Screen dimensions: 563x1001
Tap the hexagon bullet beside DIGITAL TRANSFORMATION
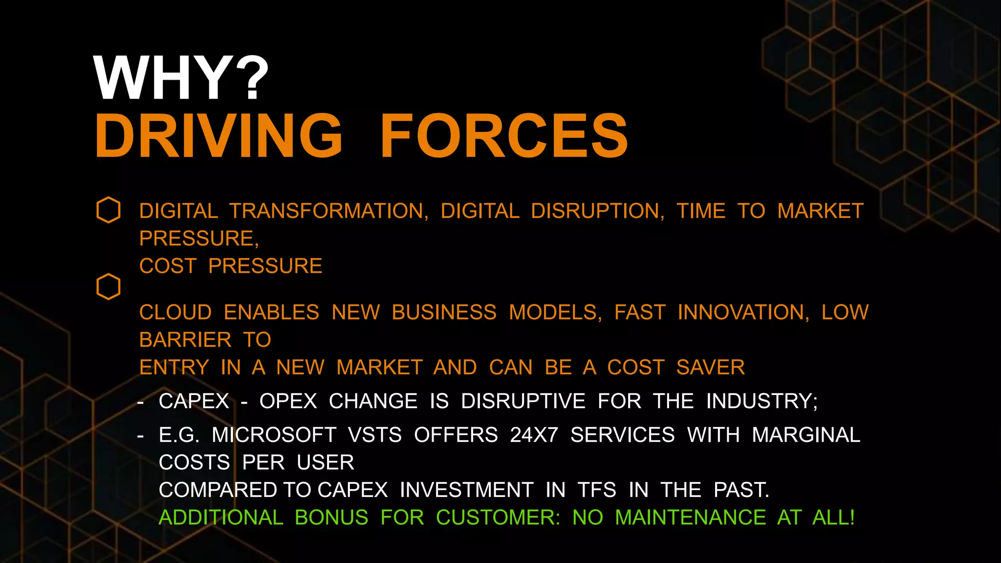coord(109,210)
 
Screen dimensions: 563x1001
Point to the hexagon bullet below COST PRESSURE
coord(109,286)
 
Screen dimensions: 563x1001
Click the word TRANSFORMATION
coord(329,211)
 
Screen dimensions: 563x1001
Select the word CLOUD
coord(175,312)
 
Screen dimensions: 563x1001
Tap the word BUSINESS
coord(444,312)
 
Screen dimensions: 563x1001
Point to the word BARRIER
coord(185,340)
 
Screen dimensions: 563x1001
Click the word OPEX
coord(288,401)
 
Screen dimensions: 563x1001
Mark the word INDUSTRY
coord(762,401)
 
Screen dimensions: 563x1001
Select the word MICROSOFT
coord(274,435)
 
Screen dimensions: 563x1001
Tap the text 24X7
coord(534,435)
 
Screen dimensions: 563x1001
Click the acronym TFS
coord(596,490)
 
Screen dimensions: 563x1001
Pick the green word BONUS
coord(331,518)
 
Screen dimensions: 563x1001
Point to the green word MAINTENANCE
coord(690,518)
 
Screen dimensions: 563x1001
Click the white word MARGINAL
coord(805,435)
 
